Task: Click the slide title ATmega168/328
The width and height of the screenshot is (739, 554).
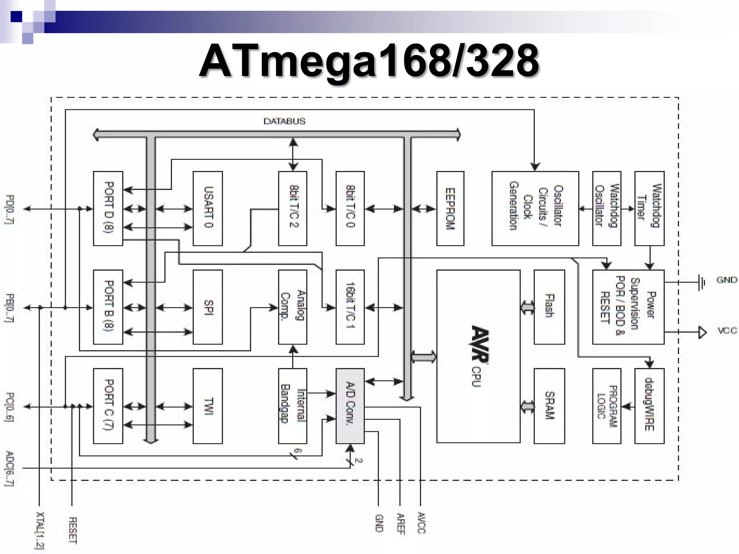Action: click(x=369, y=61)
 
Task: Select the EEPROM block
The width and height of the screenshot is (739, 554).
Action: click(x=450, y=208)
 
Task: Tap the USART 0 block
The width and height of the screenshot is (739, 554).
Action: click(x=208, y=208)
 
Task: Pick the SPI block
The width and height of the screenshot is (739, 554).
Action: click(x=208, y=307)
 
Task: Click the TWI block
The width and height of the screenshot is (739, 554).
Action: click(x=208, y=406)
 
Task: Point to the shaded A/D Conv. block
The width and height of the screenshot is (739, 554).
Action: click(x=350, y=406)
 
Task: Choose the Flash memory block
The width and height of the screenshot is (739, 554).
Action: click(x=549, y=307)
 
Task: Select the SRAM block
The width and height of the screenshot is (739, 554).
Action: click(x=549, y=406)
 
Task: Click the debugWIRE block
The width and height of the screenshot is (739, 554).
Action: click(x=649, y=406)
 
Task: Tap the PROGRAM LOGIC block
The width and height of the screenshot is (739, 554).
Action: click(x=607, y=406)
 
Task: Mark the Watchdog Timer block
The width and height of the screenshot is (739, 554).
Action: click(x=649, y=208)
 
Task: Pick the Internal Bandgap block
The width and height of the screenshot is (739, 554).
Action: click(x=293, y=406)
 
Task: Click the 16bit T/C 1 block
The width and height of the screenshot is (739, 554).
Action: click(x=350, y=307)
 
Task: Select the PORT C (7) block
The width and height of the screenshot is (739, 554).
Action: click(x=108, y=406)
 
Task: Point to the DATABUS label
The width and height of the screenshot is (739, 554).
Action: click(x=284, y=121)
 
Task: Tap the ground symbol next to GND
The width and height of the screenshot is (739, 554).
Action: click(x=701, y=282)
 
